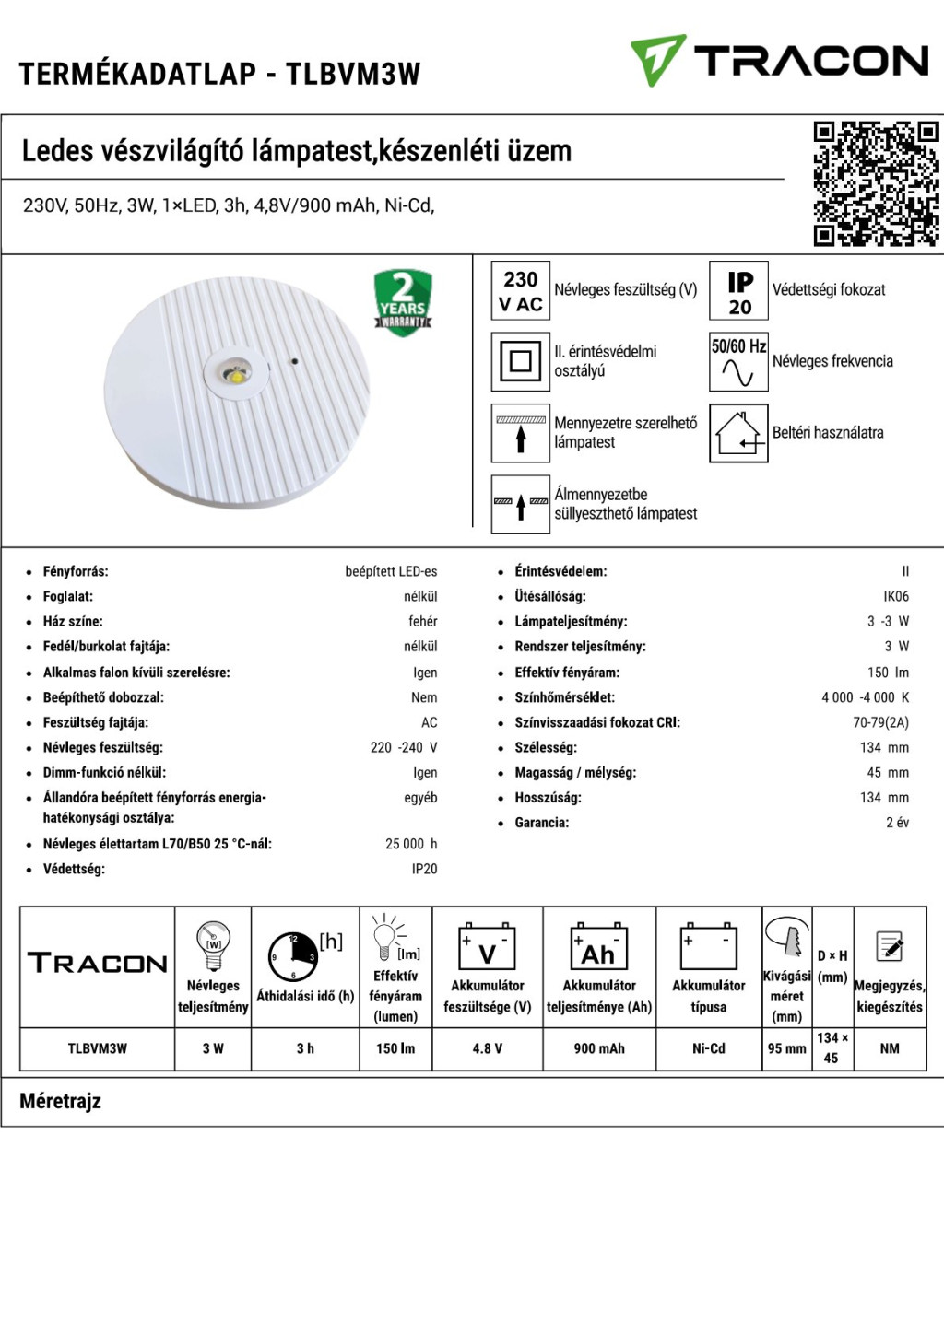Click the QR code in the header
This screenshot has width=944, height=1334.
(875, 183)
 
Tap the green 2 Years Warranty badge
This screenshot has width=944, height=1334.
(403, 301)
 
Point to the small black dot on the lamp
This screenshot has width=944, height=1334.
(293, 360)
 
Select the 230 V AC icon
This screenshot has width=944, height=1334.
(520, 291)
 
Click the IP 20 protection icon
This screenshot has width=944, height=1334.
(738, 291)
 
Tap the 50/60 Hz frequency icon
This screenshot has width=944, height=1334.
(738, 361)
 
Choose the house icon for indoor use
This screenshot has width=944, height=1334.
(738, 433)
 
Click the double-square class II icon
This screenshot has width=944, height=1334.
(520, 361)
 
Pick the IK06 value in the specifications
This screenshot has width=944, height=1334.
(895, 596)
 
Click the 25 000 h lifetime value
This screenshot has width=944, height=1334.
(411, 844)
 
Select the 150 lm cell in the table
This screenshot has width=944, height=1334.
(395, 1048)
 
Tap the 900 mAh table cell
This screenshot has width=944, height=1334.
(599, 1048)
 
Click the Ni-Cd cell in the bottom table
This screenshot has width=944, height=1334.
(709, 1048)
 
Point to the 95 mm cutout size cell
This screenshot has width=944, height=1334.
(787, 1048)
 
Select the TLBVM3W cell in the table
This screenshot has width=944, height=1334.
(98, 1048)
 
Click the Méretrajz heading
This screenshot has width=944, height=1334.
(61, 1101)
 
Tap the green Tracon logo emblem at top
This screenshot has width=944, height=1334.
(657, 60)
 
